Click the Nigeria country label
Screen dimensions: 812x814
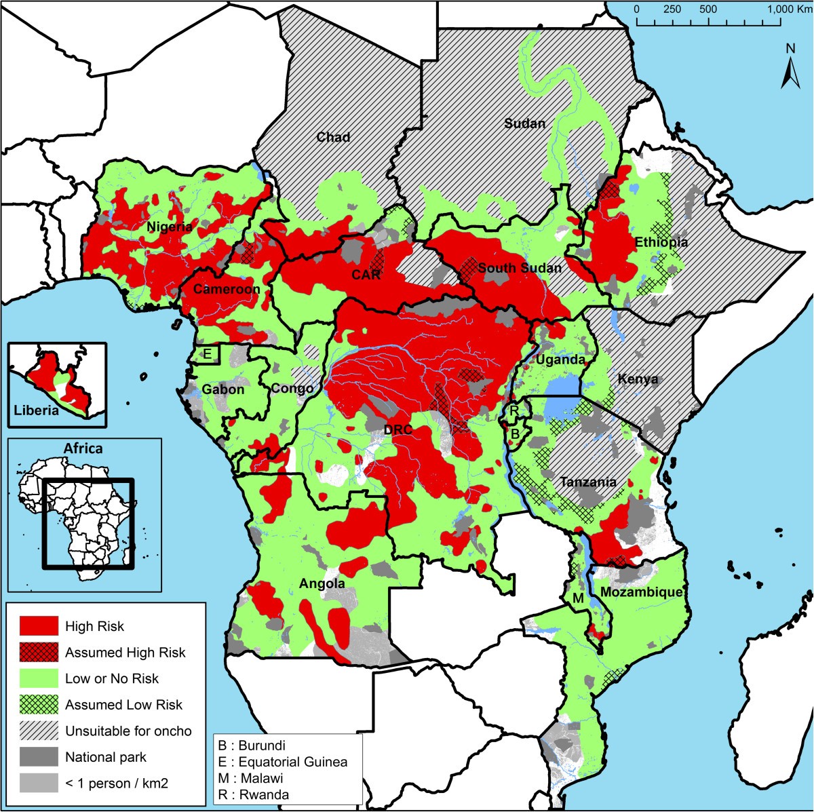click(x=170, y=227)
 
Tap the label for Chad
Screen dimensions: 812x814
click(x=334, y=137)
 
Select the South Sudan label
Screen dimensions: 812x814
click(x=520, y=268)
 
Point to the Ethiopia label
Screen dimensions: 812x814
click(x=661, y=242)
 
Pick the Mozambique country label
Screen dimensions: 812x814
click(x=641, y=592)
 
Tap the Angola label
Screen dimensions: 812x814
click(x=322, y=583)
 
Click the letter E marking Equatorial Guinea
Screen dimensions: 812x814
click(x=208, y=354)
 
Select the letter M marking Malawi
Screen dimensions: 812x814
click(x=577, y=598)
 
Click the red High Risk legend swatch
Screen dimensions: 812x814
click(x=38, y=626)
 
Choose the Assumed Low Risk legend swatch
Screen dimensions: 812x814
click(x=38, y=705)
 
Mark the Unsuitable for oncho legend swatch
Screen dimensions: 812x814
click(x=38, y=731)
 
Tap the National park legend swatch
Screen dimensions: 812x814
click(x=38, y=757)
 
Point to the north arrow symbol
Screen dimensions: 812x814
click(x=790, y=68)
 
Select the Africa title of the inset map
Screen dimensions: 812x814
click(x=83, y=448)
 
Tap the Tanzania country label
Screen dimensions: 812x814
click(x=588, y=482)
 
